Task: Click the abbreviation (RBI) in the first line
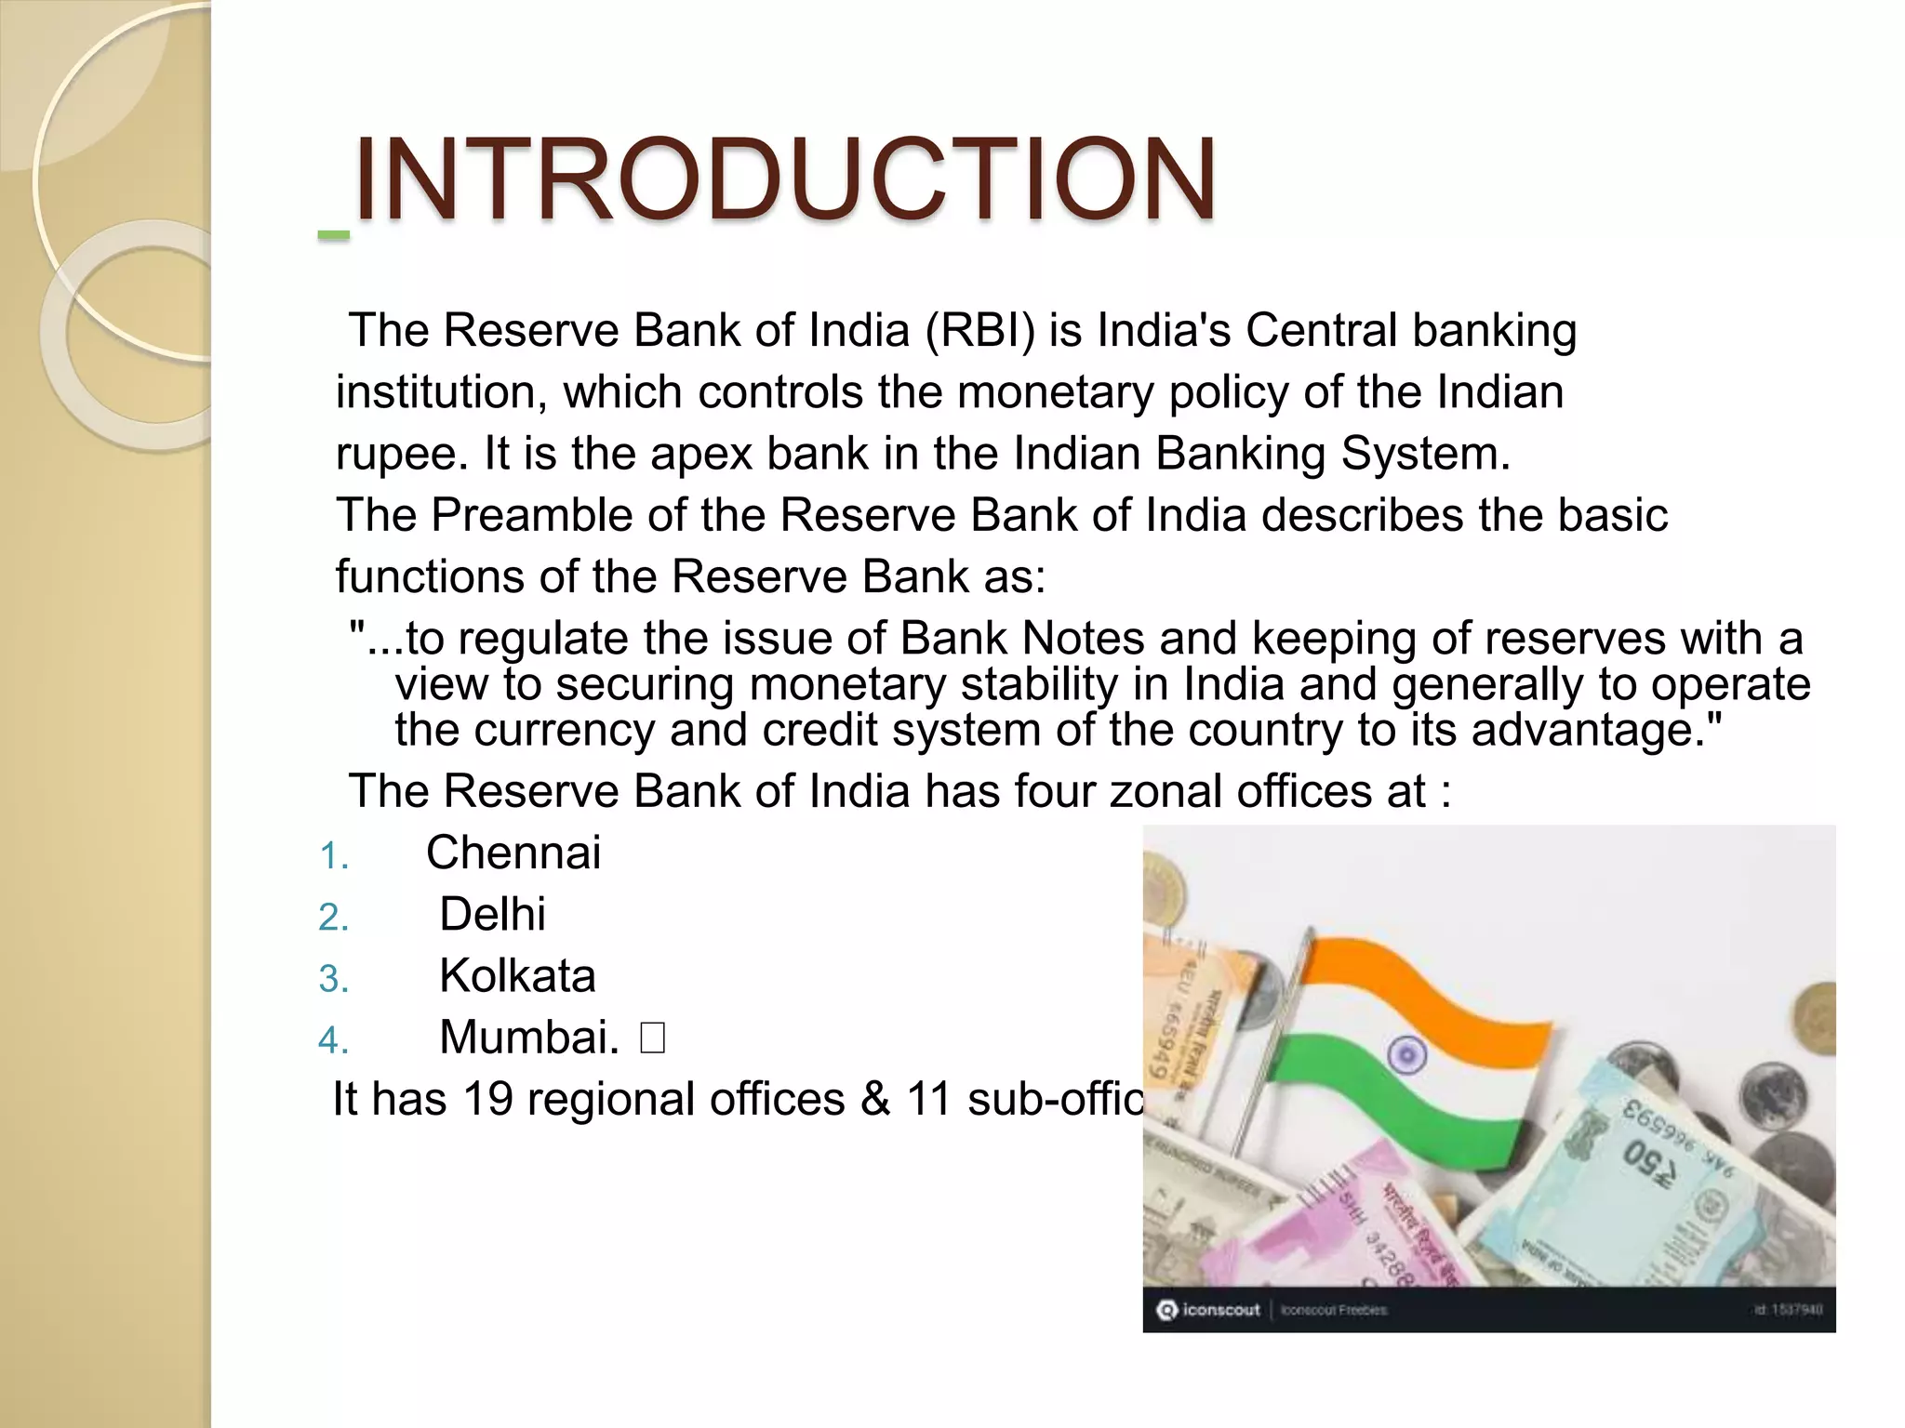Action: pyautogui.click(x=979, y=331)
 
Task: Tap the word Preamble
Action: pyautogui.click(x=531, y=515)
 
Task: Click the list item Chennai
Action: pyautogui.click(x=513, y=853)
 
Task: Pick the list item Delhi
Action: pyautogui.click(x=492, y=914)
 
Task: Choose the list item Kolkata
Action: pyautogui.click(x=517, y=976)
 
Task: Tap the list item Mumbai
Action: pyautogui.click(x=528, y=1038)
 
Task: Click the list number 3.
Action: pyautogui.click(x=333, y=979)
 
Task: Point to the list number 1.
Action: pyautogui.click(x=333, y=856)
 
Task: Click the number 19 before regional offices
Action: pyautogui.click(x=487, y=1099)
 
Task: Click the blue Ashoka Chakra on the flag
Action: pyautogui.click(x=1406, y=1054)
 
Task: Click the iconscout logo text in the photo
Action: pyautogui.click(x=1219, y=1310)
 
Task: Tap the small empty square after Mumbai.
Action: pyautogui.click(x=652, y=1038)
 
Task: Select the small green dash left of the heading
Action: pyautogui.click(x=333, y=236)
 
